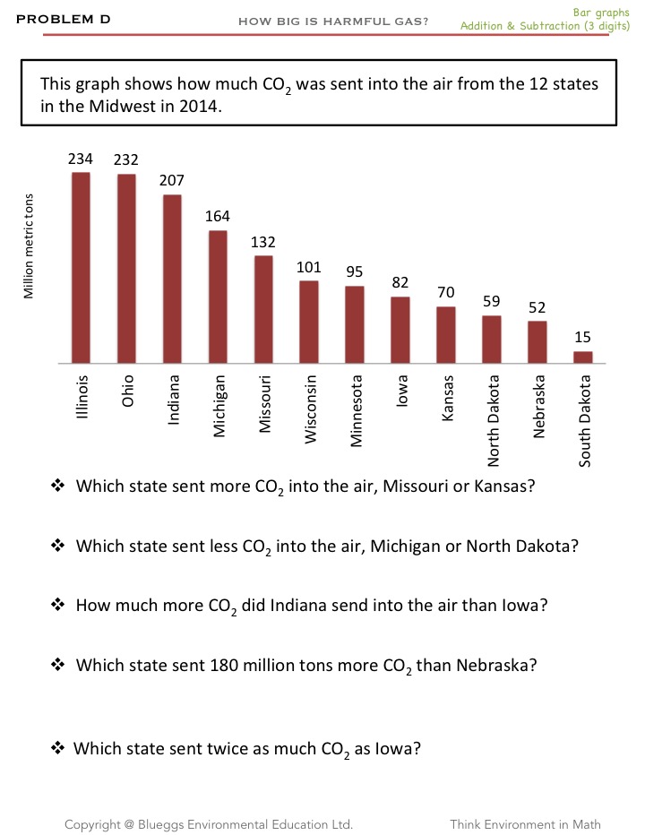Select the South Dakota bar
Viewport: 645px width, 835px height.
[583, 357]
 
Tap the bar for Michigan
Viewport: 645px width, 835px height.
[218, 297]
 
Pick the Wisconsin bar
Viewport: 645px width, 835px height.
[309, 322]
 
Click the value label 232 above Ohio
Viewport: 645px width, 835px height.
[126, 159]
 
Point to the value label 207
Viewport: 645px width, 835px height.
[172, 180]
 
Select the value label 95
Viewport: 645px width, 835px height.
[355, 271]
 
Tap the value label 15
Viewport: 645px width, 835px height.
[583, 337]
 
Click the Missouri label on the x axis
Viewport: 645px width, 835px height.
[264, 405]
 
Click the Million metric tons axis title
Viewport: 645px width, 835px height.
[29, 245]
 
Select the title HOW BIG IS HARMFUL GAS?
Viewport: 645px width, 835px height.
[333, 22]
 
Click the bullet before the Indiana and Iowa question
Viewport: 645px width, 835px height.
[59, 605]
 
